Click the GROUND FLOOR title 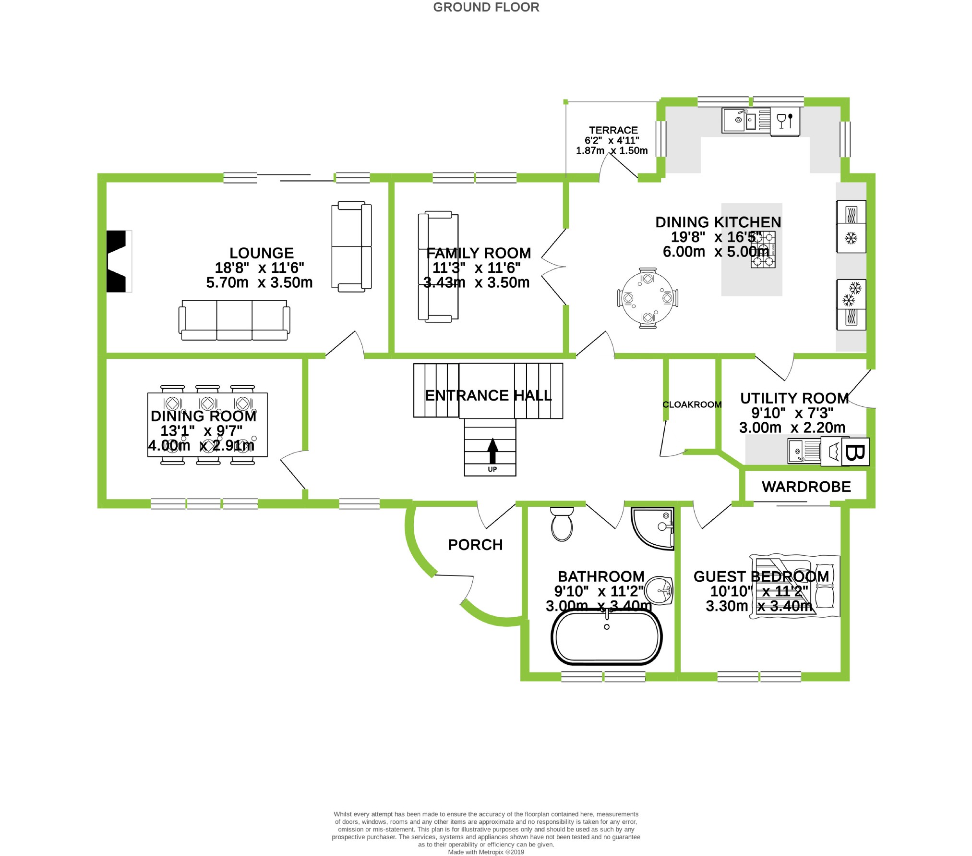(486, 7)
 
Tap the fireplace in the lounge (117, 261)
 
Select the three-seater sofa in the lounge (234, 320)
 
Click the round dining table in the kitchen (648, 298)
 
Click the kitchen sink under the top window (739, 120)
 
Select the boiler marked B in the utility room (855, 452)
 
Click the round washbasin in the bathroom (659, 590)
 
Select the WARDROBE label (806, 487)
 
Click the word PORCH (475, 545)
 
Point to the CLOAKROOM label (692, 404)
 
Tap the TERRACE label (613, 130)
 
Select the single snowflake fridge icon (851, 238)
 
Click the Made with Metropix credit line (486, 852)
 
